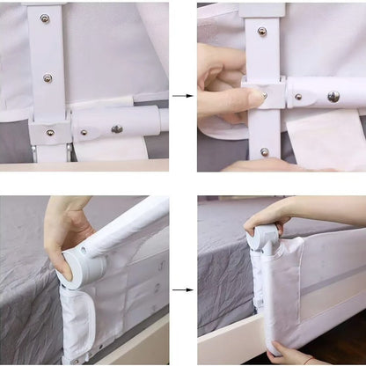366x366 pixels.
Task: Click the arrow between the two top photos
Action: point(183,95)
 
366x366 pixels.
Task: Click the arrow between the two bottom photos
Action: point(183,289)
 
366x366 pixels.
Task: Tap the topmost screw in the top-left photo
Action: point(45,18)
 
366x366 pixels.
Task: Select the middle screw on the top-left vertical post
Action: point(48,77)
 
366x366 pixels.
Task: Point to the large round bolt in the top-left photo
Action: point(117,129)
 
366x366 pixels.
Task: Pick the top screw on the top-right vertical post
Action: point(261,32)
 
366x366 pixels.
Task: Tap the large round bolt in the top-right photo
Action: point(333,96)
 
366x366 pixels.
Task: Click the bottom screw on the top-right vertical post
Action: point(265,151)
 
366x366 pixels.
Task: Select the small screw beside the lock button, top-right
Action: point(297,96)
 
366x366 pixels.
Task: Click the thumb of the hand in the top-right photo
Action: point(231,99)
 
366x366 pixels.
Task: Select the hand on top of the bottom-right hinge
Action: point(268,214)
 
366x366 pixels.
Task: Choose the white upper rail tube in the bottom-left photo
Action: point(132,229)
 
